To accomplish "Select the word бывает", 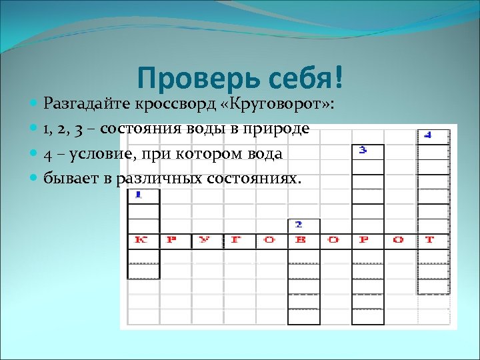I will (x=70, y=179).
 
